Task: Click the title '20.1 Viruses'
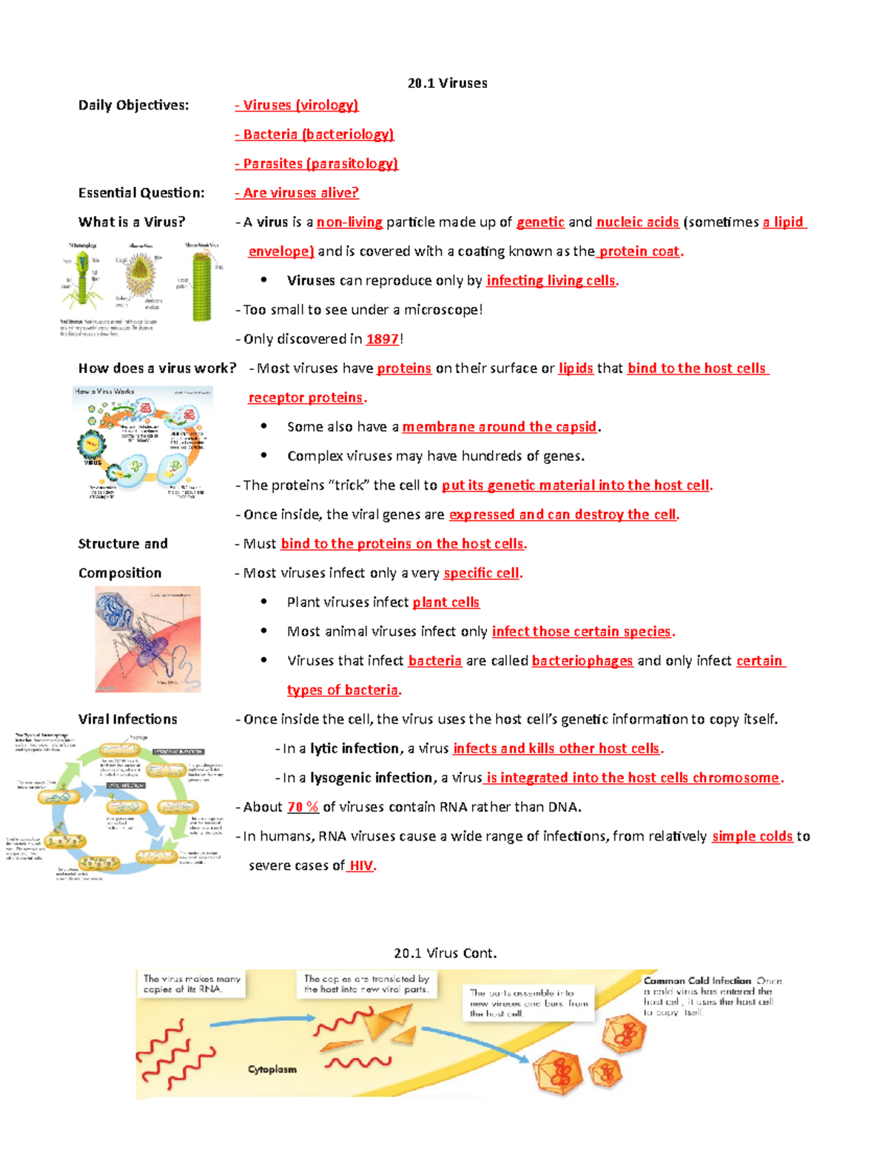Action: pyautogui.click(x=447, y=83)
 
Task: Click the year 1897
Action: pyautogui.click(x=382, y=339)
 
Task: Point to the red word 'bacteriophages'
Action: pyautogui.click(x=582, y=661)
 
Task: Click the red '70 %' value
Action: pyautogui.click(x=302, y=806)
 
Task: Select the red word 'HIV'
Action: pyautogui.click(x=361, y=866)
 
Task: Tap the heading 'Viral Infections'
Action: pyautogui.click(x=127, y=719)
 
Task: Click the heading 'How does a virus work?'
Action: pyautogui.click(x=157, y=368)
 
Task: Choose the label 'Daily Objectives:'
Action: pyautogui.click(x=133, y=105)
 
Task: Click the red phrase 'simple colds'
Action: pyautogui.click(x=752, y=836)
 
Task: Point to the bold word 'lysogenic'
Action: pyautogui.click(x=340, y=778)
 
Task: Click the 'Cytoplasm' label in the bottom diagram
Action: pyautogui.click(x=272, y=1069)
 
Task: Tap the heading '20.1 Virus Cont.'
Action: pyautogui.click(x=445, y=953)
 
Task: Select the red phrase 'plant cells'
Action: pyautogui.click(x=445, y=602)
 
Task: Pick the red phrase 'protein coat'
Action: pyautogui.click(x=639, y=251)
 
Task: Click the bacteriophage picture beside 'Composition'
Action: pyautogui.click(x=147, y=639)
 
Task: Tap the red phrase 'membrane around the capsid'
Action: pyautogui.click(x=499, y=427)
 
